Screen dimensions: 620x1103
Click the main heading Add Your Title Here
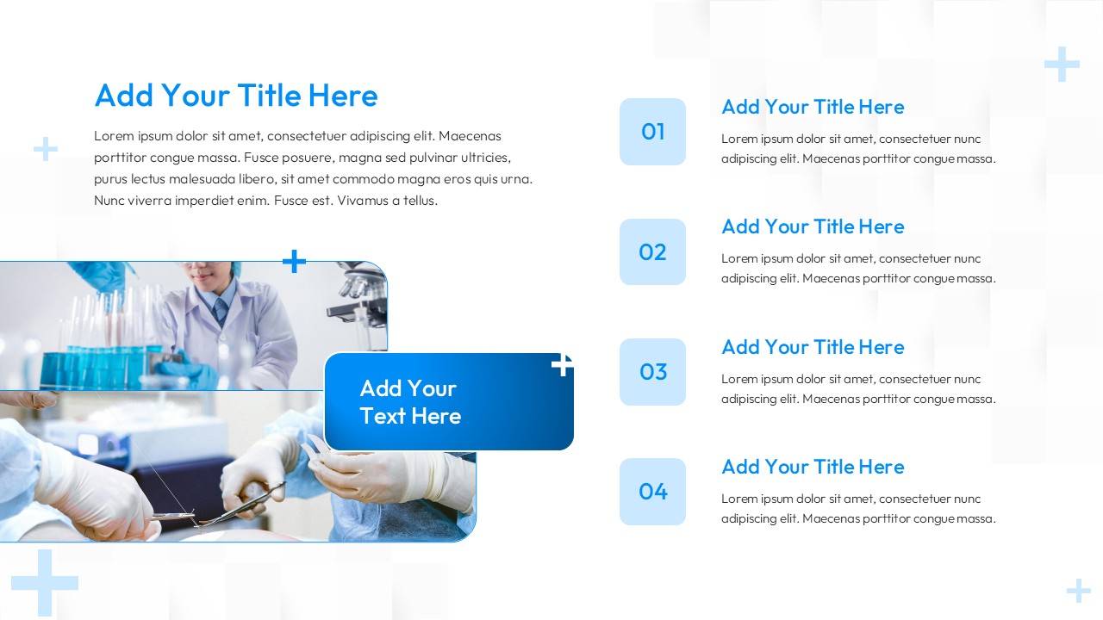pos(235,96)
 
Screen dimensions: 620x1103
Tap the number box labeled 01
pos(652,132)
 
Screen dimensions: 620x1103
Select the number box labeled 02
pos(652,251)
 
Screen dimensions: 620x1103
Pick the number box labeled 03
pos(652,372)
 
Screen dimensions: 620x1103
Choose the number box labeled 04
pos(652,492)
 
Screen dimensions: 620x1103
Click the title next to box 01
pos(812,107)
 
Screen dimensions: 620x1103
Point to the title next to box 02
pos(812,226)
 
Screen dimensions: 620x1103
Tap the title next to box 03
pos(812,347)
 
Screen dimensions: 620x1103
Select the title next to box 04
pos(812,467)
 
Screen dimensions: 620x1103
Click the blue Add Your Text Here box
pos(448,402)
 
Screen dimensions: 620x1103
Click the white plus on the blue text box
pos(562,365)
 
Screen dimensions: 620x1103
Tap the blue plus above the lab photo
pos(295,261)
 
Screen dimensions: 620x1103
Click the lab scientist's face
pos(202,274)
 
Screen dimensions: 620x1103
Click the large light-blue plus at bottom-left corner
pos(44,583)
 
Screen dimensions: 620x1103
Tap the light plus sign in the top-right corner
pos(1062,65)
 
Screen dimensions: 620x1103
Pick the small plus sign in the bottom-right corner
pos(1078,591)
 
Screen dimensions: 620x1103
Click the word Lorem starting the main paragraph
pos(114,136)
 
